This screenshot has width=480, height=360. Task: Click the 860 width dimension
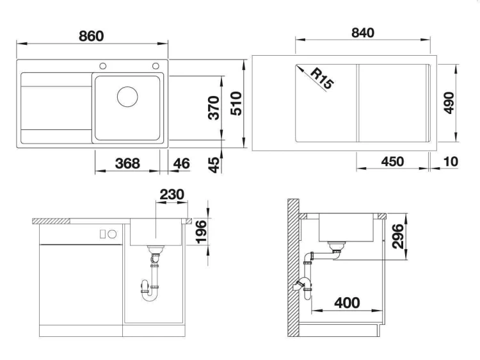coord(92,36)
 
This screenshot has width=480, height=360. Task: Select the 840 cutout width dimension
coord(363,33)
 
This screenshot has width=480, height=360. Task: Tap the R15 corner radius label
coord(322,79)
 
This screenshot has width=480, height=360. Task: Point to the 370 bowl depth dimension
coord(214,108)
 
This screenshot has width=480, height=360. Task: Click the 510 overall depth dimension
coord(236,104)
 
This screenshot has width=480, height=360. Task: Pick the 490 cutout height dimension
coord(449,102)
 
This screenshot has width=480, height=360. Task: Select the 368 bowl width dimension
coord(127,163)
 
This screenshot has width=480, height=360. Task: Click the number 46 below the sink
coord(181,163)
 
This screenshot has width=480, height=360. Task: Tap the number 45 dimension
coord(214,165)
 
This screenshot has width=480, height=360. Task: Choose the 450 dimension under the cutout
coord(392,161)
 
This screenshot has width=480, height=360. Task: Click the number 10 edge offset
coord(451,161)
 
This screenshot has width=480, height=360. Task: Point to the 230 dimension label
coord(172,194)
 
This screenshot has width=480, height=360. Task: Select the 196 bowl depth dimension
coord(202,232)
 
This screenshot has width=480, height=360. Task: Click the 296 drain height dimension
coord(398,236)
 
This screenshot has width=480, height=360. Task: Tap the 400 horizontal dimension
coord(347,303)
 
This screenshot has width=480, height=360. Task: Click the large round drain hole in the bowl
coord(127,97)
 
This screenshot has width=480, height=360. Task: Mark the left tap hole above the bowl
coord(103,66)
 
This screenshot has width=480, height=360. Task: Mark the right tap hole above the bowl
coord(156,66)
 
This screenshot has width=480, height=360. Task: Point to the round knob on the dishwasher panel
coord(112,234)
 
